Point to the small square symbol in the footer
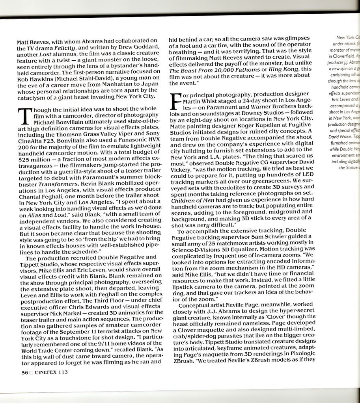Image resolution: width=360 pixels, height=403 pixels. coord(30,372)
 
